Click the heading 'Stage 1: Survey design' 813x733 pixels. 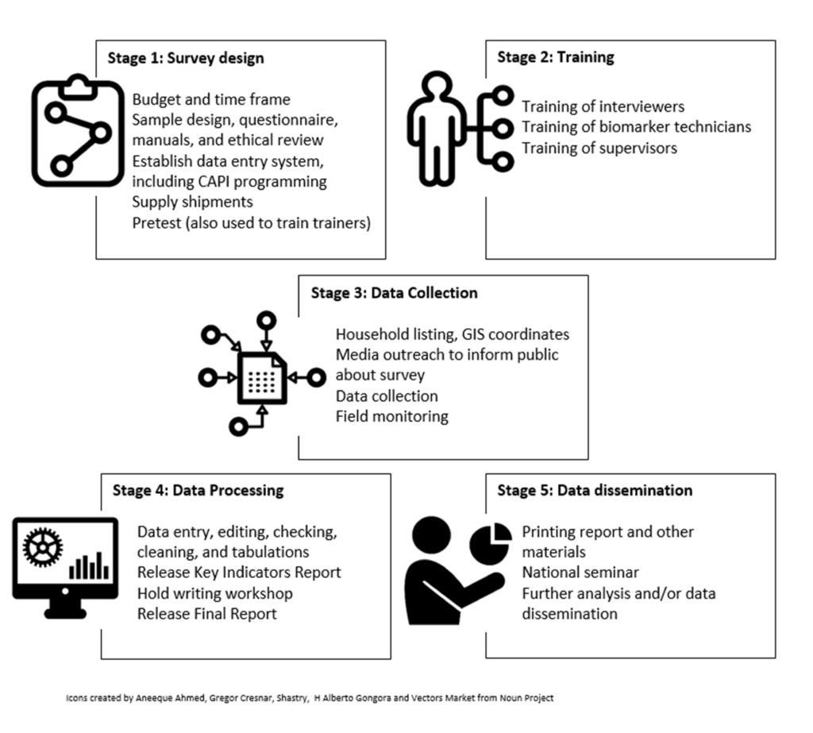(x=186, y=58)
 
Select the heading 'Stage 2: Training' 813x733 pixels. (x=555, y=57)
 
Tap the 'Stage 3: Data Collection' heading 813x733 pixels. (x=394, y=293)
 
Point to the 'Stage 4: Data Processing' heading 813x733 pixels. (x=198, y=490)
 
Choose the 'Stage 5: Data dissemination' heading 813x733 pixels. (x=594, y=490)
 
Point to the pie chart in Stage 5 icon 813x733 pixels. (x=490, y=542)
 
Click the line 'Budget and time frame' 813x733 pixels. (x=211, y=99)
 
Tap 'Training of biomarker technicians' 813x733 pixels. (x=636, y=126)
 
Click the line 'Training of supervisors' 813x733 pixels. (x=599, y=147)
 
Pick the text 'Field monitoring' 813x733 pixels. (x=391, y=415)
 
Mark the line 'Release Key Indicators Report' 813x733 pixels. (x=239, y=573)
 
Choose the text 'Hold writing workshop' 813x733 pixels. (x=214, y=593)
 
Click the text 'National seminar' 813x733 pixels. (x=580, y=573)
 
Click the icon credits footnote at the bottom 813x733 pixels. (x=309, y=698)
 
